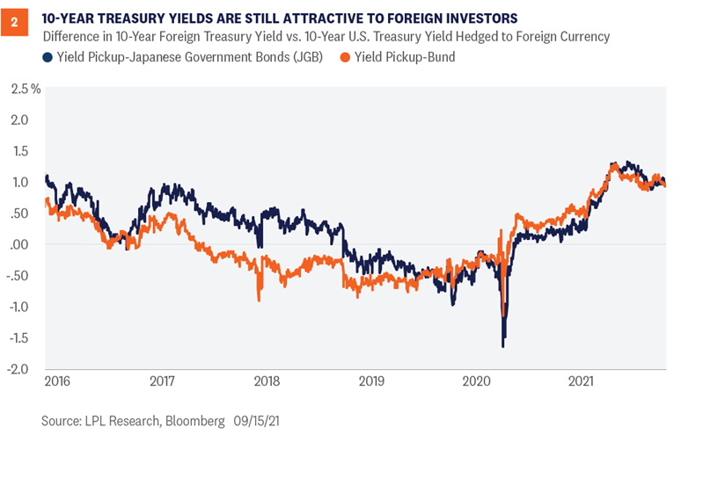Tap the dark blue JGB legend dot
point(47,57)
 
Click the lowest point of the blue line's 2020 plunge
point(503,346)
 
